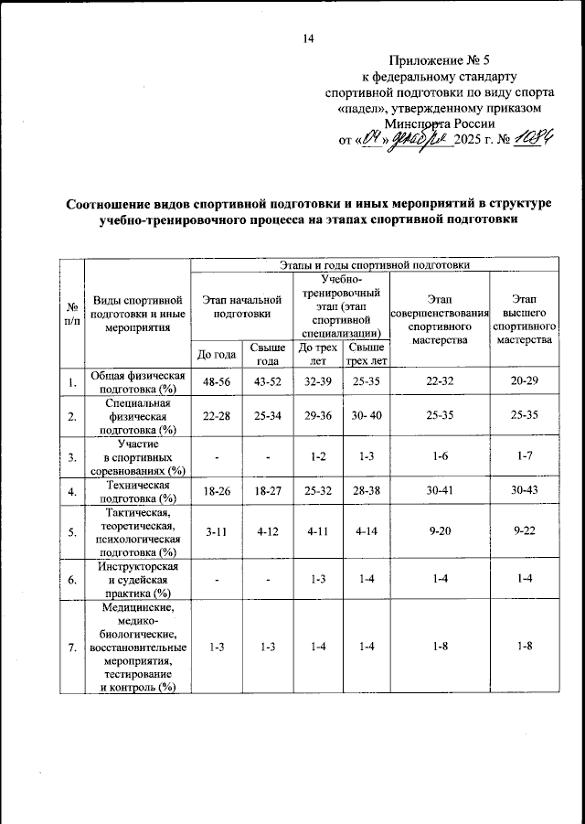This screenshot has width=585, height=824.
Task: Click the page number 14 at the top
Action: point(307,37)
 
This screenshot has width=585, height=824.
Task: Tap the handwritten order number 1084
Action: point(535,141)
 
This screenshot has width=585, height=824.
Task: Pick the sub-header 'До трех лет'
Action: point(318,354)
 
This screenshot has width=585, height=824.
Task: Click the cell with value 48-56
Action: point(216,381)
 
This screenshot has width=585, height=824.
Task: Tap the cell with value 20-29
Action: point(524,381)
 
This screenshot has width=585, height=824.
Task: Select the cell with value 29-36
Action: point(318,416)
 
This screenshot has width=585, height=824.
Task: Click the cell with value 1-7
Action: point(524,455)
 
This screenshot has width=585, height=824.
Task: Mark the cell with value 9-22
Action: point(524,530)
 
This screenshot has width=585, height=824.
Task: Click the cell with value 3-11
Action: point(216,530)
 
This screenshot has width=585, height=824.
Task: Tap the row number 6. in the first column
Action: point(71,579)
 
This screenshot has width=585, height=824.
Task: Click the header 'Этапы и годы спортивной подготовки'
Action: point(376,264)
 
